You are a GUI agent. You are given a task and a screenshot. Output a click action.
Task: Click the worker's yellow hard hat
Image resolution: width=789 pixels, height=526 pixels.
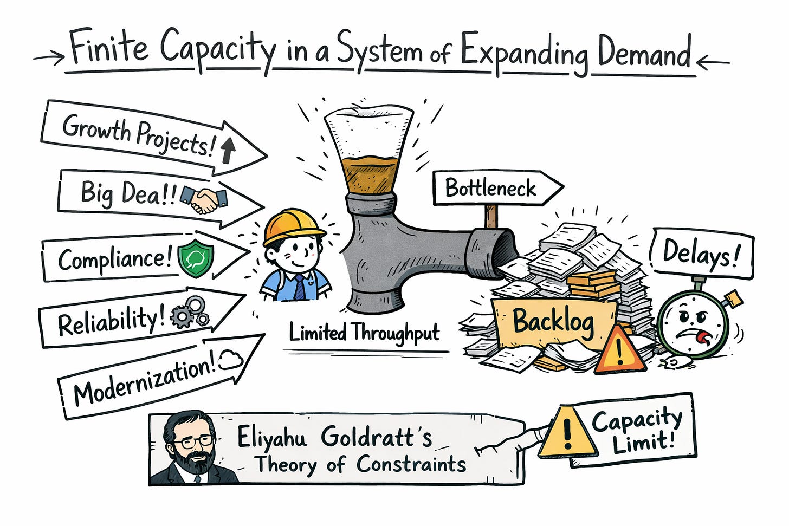[x=293, y=228]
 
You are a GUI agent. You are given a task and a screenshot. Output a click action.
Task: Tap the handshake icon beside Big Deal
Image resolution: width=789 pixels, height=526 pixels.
[x=203, y=199]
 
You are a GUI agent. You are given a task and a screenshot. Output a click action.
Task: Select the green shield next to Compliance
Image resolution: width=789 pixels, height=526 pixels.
[x=196, y=259]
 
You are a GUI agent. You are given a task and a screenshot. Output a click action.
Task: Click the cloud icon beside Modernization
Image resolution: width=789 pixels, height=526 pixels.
[x=230, y=360]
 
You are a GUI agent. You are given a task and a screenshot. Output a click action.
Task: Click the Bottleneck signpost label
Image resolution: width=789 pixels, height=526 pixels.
[x=491, y=189]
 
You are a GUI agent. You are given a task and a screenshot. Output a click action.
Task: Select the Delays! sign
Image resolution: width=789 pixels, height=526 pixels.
[x=701, y=254]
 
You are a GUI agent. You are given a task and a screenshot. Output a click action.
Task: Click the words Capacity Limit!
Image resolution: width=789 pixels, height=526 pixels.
[x=636, y=431]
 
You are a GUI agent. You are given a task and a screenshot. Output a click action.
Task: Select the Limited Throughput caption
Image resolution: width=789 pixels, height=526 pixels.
[x=364, y=332]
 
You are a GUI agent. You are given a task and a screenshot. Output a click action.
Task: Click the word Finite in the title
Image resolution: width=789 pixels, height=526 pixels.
[x=109, y=49]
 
